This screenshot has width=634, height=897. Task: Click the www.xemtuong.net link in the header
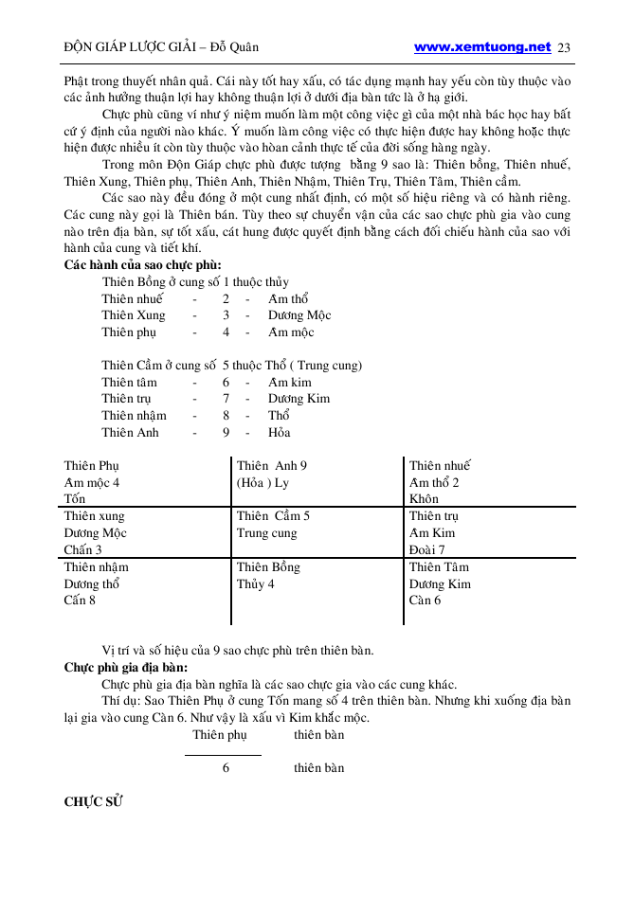click(x=482, y=46)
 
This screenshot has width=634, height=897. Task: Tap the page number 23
click(x=564, y=47)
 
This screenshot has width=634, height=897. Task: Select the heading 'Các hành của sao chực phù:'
click(x=143, y=265)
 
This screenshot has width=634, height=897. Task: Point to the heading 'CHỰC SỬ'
click(x=94, y=801)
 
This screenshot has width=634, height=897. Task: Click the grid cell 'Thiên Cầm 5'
click(x=273, y=516)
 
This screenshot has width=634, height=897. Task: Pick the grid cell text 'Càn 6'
click(x=425, y=600)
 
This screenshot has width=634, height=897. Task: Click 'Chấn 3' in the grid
click(x=83, y=549)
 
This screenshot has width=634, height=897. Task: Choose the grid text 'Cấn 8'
click(x=80, y=600)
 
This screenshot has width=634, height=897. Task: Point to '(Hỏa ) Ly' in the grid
click(x=263, y=482)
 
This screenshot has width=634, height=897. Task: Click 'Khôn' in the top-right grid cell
click(x=425, y=499)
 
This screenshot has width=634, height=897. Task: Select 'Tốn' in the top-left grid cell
click(x=75, y=499)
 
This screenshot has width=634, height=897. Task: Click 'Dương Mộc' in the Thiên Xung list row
click(x=299, y=315)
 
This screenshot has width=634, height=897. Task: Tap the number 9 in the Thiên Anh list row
click(x=226, y=433)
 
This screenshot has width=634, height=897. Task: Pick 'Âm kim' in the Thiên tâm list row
click(x=290, y=383)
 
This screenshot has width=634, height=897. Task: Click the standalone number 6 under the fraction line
click(x=226, y=768)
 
